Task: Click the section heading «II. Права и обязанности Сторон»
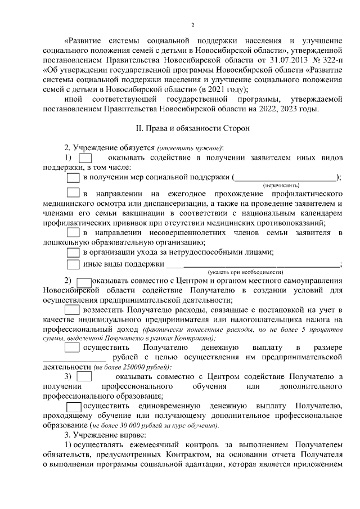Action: click(x=192, y=128)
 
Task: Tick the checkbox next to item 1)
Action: click(x=85, y=156)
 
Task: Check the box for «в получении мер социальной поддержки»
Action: click(x=73, y=178)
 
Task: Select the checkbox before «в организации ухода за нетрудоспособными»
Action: click(x=73, y=252)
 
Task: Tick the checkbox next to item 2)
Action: click(x=84, y=281)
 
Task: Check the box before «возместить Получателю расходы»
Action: click(x=73, y=309)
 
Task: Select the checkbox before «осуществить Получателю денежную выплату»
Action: click(x=73, y=348)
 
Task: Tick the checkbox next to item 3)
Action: click(x=84, y=376)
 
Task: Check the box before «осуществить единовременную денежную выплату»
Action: click(x=74, y=406)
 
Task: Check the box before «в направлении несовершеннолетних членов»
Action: click(x=73, y=232)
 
